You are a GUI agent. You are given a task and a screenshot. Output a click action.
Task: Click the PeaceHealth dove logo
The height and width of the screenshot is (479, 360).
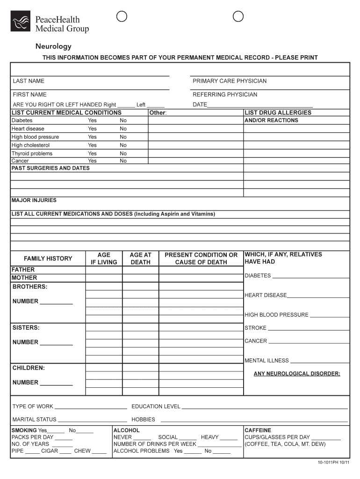coord(21,21)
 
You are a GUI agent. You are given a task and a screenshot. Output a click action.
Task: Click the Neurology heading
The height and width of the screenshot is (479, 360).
coord(54,46)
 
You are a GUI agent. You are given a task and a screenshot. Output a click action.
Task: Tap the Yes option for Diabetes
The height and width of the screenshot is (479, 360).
coord(92,120)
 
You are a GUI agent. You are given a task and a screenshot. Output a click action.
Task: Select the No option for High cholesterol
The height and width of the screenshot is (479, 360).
coord(123,145)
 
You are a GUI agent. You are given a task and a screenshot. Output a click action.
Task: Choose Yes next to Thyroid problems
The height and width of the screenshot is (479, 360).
coord(92,153)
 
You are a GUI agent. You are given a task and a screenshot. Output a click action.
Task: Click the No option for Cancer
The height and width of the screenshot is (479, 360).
coord(123,161)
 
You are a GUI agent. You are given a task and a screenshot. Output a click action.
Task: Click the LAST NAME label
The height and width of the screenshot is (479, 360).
coord(29,81)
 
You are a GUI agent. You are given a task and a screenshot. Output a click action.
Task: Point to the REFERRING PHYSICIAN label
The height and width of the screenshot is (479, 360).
coord(225,94)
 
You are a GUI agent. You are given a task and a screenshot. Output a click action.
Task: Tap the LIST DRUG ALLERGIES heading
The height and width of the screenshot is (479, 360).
coord(278,113)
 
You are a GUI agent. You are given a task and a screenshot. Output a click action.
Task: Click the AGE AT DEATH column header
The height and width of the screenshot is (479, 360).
coord(140,259)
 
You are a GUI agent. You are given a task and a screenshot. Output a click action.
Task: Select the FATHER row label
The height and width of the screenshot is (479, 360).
coord(23,270)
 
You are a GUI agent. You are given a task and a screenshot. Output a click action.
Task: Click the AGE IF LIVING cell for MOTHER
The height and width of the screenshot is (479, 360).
coord(104,278)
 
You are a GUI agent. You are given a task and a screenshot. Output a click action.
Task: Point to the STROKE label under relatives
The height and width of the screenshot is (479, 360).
coord(255,328)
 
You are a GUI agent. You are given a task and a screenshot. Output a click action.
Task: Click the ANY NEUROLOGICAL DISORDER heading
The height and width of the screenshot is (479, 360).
coord(297,374)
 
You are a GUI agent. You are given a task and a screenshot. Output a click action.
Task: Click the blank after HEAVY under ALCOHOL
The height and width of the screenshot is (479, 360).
coord(229,439)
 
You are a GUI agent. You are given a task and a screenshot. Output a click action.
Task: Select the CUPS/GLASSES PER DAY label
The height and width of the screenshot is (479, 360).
coord(277,437)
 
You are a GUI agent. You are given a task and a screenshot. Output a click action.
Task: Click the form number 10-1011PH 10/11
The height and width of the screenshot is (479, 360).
coord(332,463)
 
